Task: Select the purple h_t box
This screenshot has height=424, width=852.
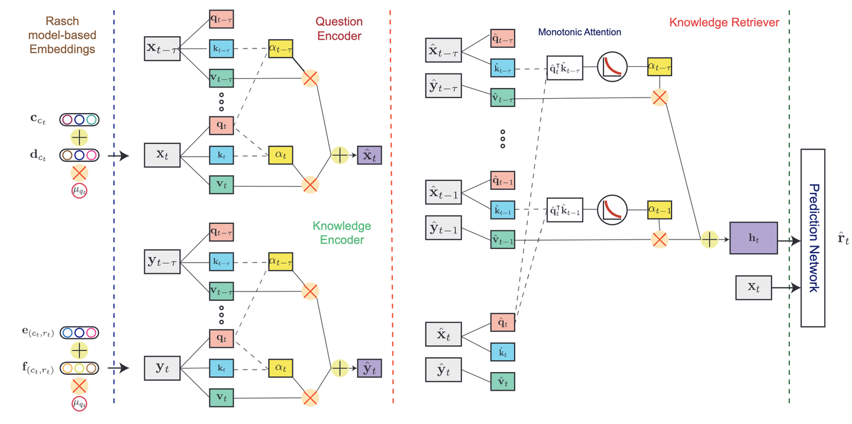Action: pyautogui.click(x=753, y=238)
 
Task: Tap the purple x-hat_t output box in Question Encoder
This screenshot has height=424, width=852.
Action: pyautogui.click(x=369, y=155)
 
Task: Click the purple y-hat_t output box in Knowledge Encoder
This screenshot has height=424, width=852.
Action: pyautogui.click(x=369, y=368)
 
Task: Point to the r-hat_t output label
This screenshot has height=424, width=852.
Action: pyautogui.click(x=843, y=239)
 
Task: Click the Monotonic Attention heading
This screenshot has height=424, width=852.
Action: pyautogui.click(x=580, y=31)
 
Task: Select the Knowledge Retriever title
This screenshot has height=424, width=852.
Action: pyautogui.click(x=724, y=22)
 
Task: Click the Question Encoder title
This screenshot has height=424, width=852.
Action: pyautogui.click(x=340, y=28)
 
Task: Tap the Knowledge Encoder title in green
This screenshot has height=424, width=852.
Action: pyautogui.click(x=341, y=232)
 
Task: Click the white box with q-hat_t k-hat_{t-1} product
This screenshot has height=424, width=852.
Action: pyautogui.click(x=565, y=210)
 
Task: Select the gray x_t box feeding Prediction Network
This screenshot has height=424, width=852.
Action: pyautogui.click(x=753, y=287)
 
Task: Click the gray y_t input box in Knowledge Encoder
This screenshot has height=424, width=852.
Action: pyautogui.click(x=162, y=368)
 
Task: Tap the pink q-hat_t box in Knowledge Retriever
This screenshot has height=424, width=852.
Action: pyautogui.click(x=503, y=323)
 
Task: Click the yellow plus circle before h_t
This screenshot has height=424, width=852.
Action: pyautogui.click(x=709, y=239)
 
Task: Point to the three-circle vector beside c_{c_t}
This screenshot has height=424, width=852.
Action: pyautogui.click(x=79, y=119)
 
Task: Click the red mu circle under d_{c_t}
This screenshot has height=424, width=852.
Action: pyautogui.click(x=79, y=191)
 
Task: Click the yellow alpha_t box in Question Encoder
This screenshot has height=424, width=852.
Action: pyautogui.click(x=280, y=155)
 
